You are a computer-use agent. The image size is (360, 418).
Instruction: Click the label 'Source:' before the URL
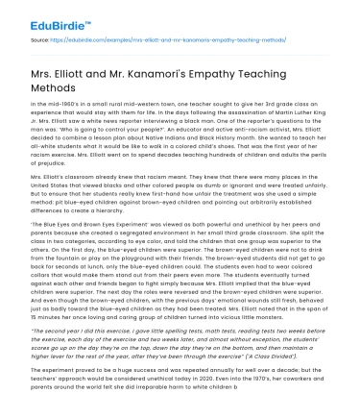pyautogui.click(x=42, y=42)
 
